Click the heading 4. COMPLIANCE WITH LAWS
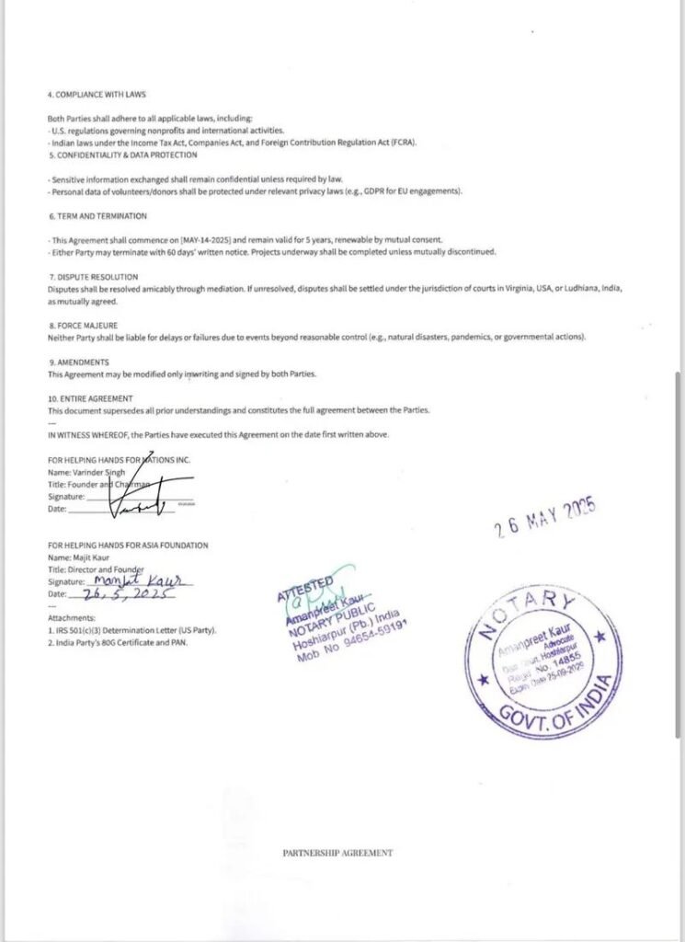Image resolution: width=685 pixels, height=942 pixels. point(97,95)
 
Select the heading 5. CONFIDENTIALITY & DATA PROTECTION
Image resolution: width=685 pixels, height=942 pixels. point(122,155)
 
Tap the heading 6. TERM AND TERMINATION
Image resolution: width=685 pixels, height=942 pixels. point(97,215)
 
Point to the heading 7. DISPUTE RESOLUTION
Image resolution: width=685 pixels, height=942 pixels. point(93,276)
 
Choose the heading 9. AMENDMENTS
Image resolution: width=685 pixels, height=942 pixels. point(78,362)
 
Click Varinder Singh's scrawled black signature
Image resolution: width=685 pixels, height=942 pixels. point(138,497)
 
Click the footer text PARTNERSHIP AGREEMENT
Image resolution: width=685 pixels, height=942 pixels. point(337,853)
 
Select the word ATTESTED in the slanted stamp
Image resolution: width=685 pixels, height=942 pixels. point(305,588)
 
